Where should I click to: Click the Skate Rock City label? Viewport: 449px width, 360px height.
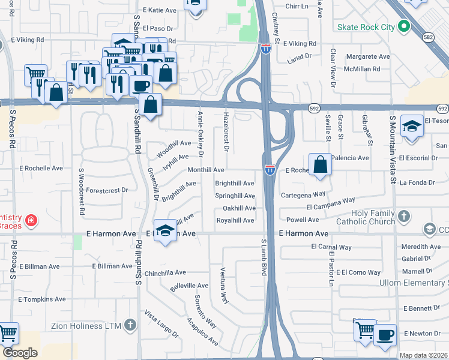click(x=366, y=27)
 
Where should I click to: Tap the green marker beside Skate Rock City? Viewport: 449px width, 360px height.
click(x=404, y=26)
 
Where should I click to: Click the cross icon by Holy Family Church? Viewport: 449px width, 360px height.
click(x=404, y=215)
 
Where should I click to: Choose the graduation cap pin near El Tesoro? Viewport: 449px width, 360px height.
click(x=411, y=127)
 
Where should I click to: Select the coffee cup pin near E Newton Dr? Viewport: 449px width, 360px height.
click(x=385, y=334)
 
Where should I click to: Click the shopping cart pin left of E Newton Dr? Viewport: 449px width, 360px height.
click(x=365, y=330)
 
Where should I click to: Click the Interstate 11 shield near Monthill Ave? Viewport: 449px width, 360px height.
click(x=270, y=170)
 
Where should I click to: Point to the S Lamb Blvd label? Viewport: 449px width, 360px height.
click(x=264, y=257)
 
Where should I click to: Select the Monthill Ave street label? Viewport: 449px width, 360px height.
click(x=206, y=170)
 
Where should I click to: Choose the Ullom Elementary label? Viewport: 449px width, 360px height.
click(x=414, y=283)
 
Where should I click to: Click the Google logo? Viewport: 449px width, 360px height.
click(x=20, y=353)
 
